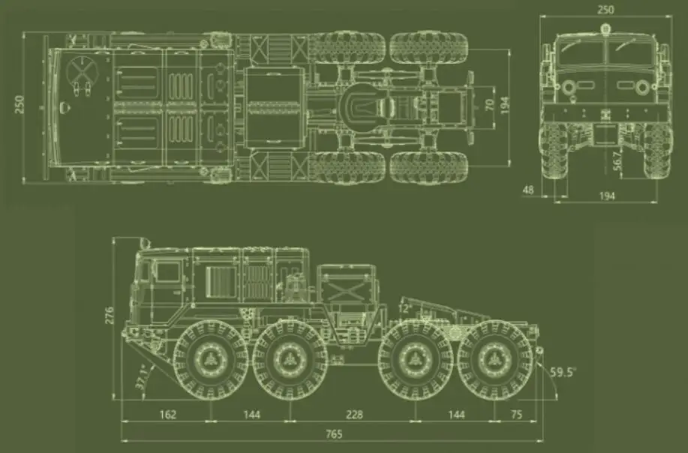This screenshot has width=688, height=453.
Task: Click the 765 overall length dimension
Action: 334,434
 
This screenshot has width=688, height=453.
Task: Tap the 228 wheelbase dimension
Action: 355,415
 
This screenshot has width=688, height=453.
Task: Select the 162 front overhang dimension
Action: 167,415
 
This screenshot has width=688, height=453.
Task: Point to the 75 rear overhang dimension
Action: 517,415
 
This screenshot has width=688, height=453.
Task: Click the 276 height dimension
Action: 109,315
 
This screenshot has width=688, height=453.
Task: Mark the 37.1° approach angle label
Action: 142,377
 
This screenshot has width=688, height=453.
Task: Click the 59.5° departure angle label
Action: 563,372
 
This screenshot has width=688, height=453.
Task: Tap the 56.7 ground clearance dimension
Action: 617,161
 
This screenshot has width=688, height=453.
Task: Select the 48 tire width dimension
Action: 528,190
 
